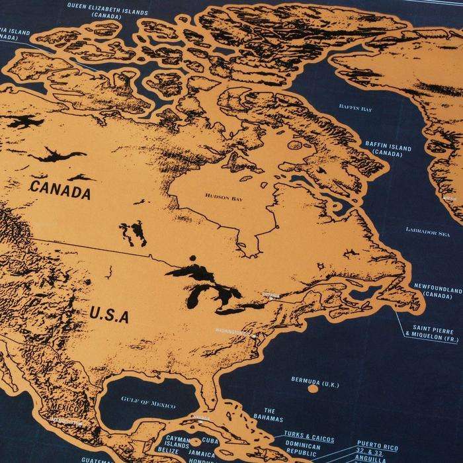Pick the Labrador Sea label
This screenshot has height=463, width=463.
427,232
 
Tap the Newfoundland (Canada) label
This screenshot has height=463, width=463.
438,292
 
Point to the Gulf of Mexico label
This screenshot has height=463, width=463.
149,405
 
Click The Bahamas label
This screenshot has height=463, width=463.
269,415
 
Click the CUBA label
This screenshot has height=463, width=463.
210,440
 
